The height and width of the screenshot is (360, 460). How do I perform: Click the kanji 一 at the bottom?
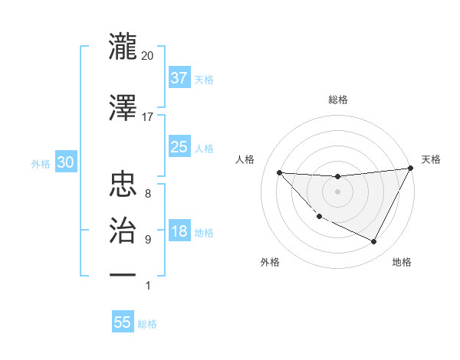(x=123, y=274)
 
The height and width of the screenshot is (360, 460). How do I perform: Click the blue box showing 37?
(x=179, y=78)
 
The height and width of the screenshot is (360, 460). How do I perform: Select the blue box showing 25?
(x=179, y=148)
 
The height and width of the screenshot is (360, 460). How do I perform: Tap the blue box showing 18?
(x=179, y=232)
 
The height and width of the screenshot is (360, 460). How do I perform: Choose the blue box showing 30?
(x=65, y=163)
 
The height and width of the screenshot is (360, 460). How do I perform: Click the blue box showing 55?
(x=123, y=322)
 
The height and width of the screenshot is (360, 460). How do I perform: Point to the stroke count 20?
(x=147, y=56)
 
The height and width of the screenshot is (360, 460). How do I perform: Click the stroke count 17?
(x=147, y=117)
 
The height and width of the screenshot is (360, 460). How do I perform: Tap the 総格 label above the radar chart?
(x=338, y=100)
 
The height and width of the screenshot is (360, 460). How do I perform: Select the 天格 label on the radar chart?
(x=431, y=159)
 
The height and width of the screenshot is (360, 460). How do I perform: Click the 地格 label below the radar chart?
(x=402, y=263)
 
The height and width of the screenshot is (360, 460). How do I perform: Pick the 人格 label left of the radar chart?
(x=245, y=159)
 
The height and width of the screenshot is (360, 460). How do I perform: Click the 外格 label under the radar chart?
(x=270, y=263)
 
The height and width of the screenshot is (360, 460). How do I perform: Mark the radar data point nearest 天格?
(x=411, y=169)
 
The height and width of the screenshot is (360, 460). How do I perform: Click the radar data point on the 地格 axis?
(x=374, y=242)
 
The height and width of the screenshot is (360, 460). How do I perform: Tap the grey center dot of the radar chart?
(x=337, y=191)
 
